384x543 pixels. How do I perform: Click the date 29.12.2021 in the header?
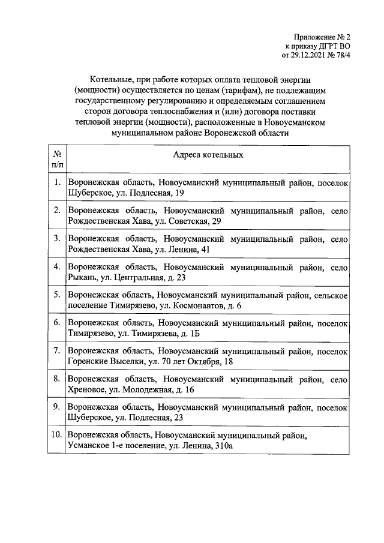[311, 56]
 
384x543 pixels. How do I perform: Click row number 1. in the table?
[56, 181]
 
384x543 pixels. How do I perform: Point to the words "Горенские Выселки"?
[106, 362]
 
